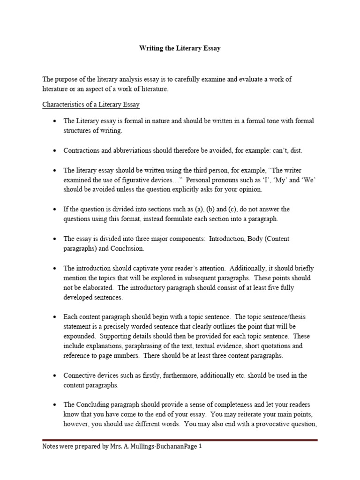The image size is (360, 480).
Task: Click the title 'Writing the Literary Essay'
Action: (180, 49)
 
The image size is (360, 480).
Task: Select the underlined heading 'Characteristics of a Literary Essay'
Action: (90, 104)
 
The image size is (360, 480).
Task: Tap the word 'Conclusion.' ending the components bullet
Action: (127, 248)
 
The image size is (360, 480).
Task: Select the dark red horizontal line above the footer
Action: (180, 440)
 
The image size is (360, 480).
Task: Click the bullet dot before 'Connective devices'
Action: (55, 376)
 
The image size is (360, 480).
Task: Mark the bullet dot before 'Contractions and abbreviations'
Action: (55, 151)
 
